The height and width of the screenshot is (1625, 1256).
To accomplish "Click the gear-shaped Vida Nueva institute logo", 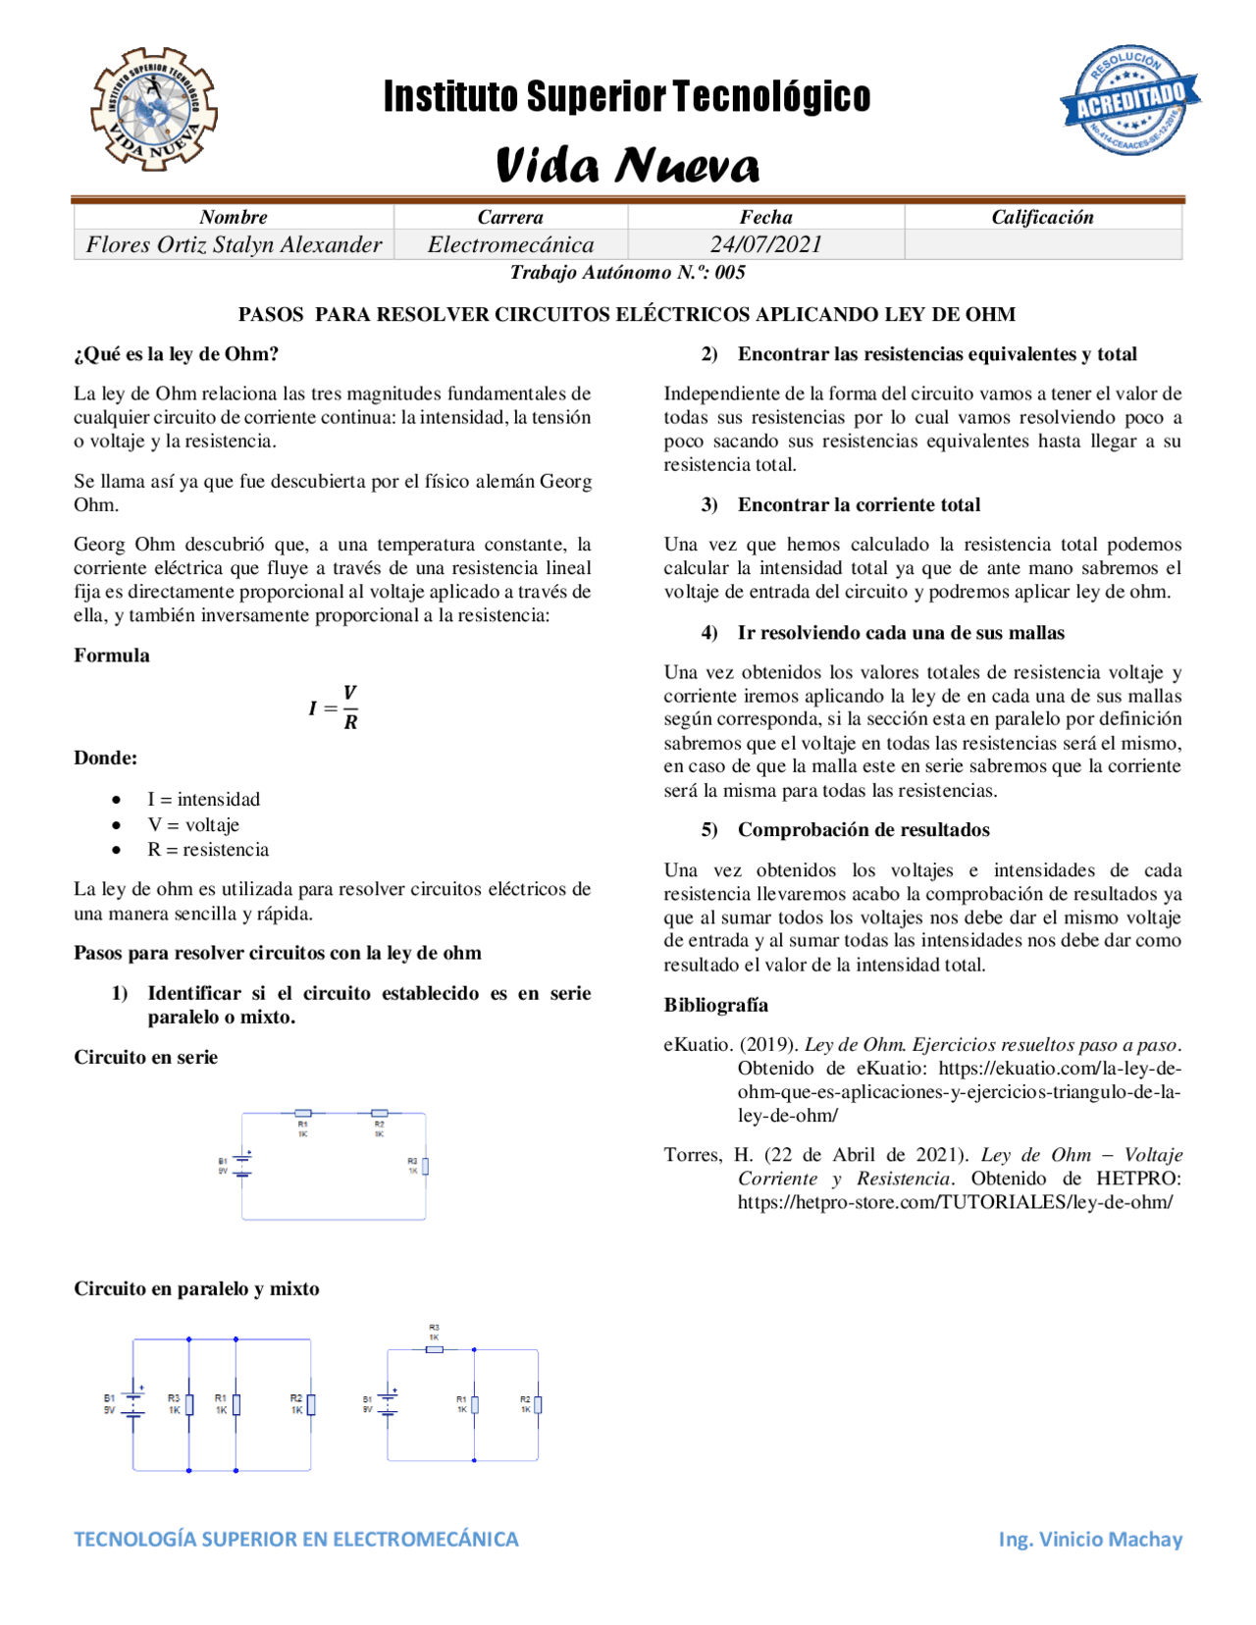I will click(x=154, y=109).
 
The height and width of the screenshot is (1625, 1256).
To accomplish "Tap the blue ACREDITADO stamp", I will click(x=1130, y=100).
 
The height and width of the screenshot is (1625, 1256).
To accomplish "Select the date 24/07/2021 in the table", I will click(x=765, y=244).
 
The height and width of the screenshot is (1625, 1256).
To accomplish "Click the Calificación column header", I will click(x=1042, y=217).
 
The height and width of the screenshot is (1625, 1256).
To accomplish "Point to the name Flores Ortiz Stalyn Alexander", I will click(x=234, y=244).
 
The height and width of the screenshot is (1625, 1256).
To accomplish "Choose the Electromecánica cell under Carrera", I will click(x=510, y=244).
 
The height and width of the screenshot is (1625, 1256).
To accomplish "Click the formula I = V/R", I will click(x=335, y=708).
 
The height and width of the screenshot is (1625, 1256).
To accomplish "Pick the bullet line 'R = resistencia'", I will click(x=208, y=850).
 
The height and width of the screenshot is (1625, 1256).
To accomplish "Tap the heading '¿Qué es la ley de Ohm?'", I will click(x=177, y=354).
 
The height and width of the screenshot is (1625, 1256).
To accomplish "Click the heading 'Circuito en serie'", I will click(x=146, y=1057).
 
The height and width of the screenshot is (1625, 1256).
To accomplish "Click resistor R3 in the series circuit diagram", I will click(x=425, y=1167).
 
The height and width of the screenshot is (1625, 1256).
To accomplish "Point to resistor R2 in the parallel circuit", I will click(x=310, y=1404).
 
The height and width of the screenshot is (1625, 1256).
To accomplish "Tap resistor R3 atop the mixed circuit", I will click(x=435, y=1349).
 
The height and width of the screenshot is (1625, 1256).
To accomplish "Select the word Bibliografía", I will click(x=716, y=1005).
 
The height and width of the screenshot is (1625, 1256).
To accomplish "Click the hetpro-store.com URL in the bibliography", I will click(x=955, y=1202).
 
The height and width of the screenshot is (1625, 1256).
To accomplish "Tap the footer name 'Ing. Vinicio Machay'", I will click(x=1090, y=1539).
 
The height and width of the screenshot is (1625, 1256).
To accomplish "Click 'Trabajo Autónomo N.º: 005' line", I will click(x=627, y=273).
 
